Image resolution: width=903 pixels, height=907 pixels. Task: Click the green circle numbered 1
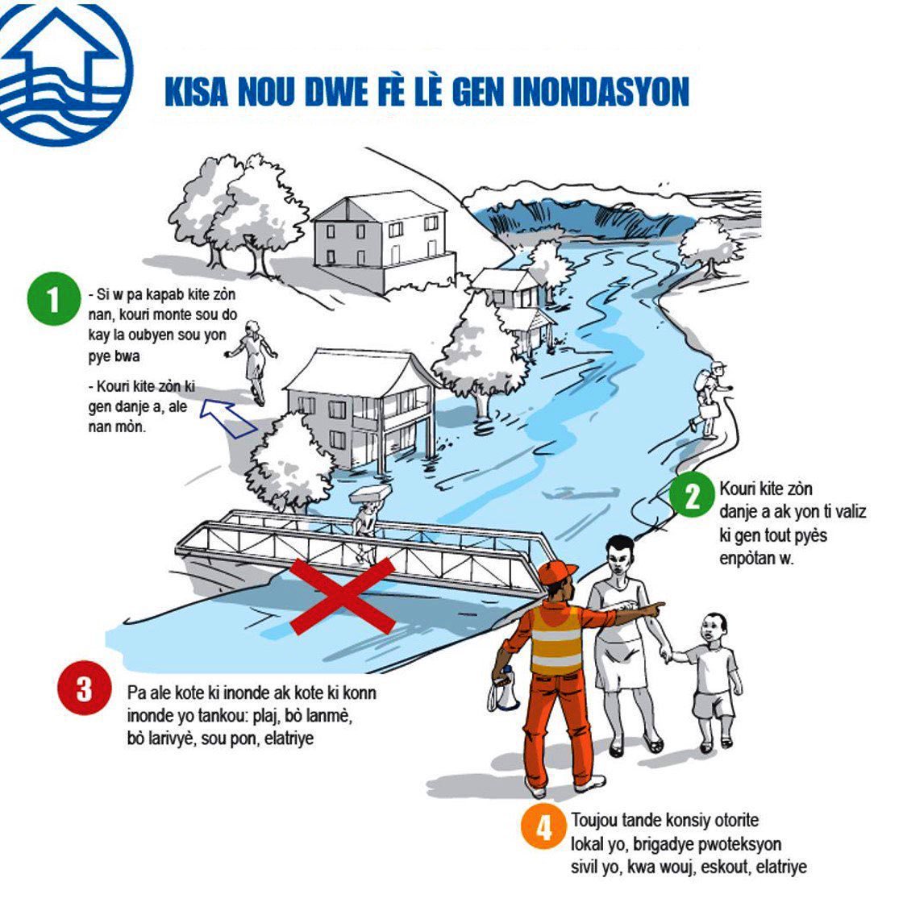click(x=53, y=299)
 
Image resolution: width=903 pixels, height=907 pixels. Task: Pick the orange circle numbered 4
click(x=544, y=827)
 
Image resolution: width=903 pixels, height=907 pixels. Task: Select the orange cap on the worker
click(x=556, y=572)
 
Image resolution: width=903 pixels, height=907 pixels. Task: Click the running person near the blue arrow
click(x=254, y=359)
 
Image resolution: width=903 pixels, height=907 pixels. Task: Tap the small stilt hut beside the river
click(x=516, y=302)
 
